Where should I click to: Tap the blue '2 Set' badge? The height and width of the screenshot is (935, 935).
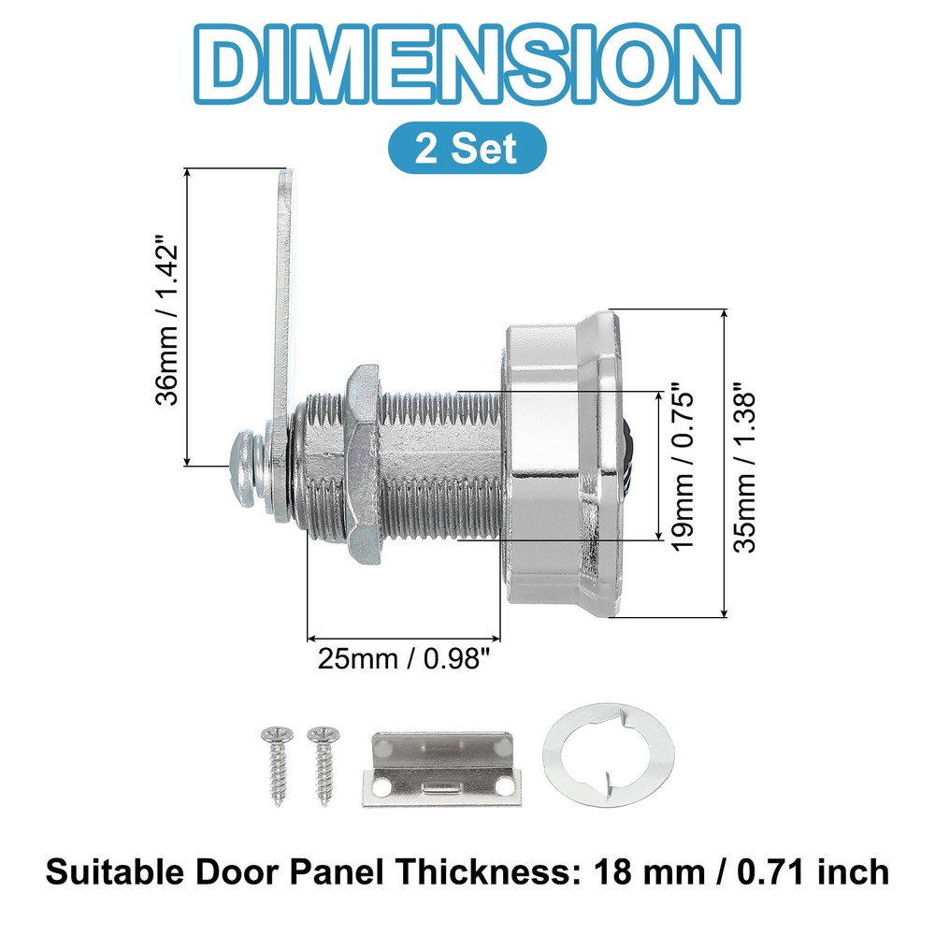tap(466, 148)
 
